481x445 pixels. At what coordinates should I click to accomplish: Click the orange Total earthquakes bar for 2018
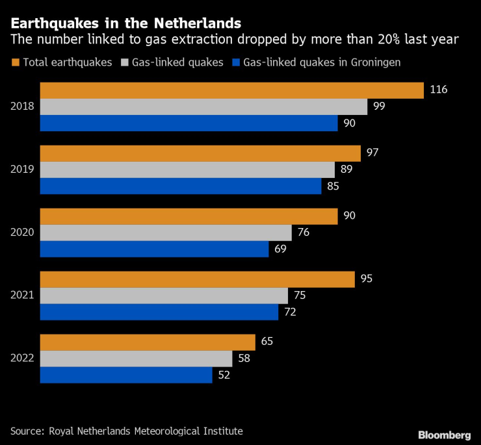pyautogui.click(x=231, y=90)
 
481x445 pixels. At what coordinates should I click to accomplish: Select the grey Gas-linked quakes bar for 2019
pyautogui.click(x=187, y=170)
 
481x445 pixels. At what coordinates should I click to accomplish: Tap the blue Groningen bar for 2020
pyautogui.click(x=154, y=249)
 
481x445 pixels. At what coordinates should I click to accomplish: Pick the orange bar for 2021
pyautogui.click(x=197, y=279)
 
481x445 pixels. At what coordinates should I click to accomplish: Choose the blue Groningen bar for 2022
pyautogui.click(x=126, y=375)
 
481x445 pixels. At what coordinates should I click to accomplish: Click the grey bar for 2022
pyautogui.click(x=136, y=359)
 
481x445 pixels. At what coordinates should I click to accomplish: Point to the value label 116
pyautogui.click(x=439, y=90)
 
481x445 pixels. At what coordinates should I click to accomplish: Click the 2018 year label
pyautogui.click(x=23, y=107)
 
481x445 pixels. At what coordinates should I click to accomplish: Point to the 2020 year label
pyautogui.click(x=23, y=233)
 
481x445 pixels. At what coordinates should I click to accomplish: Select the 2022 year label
pyautogui.click(x=23, y=359)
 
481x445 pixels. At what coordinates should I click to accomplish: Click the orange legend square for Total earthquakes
pyautogui.click(x=15, y=63)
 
